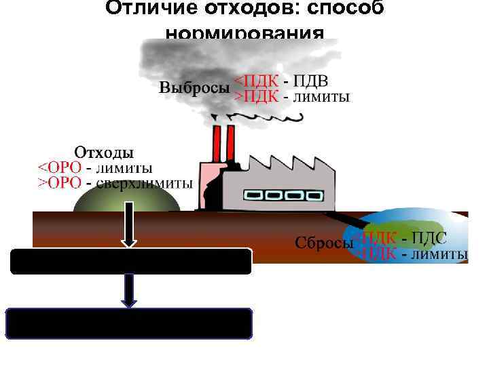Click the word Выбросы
pos(194,89)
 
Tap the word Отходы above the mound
pos(103,151)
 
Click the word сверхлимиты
pos(145,183)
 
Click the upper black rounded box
pos(131,262)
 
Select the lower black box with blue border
pos(129,323)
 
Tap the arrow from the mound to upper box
pos(130,230)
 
